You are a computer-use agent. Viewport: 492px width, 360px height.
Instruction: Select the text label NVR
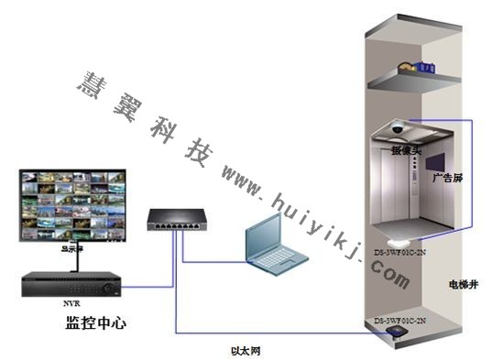click(71, 302)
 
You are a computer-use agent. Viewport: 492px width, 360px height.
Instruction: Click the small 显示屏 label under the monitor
click(71, 246)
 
